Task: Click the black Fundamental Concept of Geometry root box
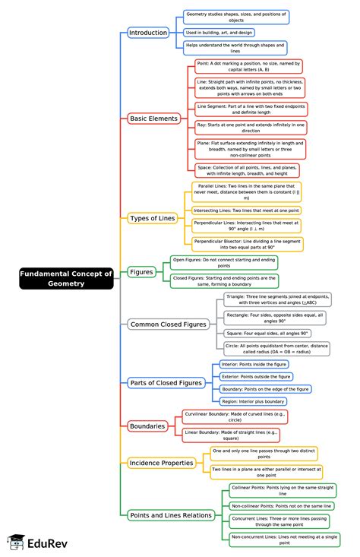tap(66, 278)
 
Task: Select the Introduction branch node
tap(147, 33)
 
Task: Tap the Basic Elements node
tap(154, 119)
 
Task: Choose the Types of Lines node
tap(152, 218)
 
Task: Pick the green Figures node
tap(141, 271)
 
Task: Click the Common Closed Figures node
tap(168, 324)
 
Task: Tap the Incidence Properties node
tap(161, 462)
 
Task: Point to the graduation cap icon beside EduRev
tap(15, 541)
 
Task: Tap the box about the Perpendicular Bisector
tap(247, 244)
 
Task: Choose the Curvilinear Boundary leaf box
tap(235, 416)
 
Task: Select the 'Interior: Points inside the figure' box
tap(254, 364)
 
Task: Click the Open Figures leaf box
tap(224, 262)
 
